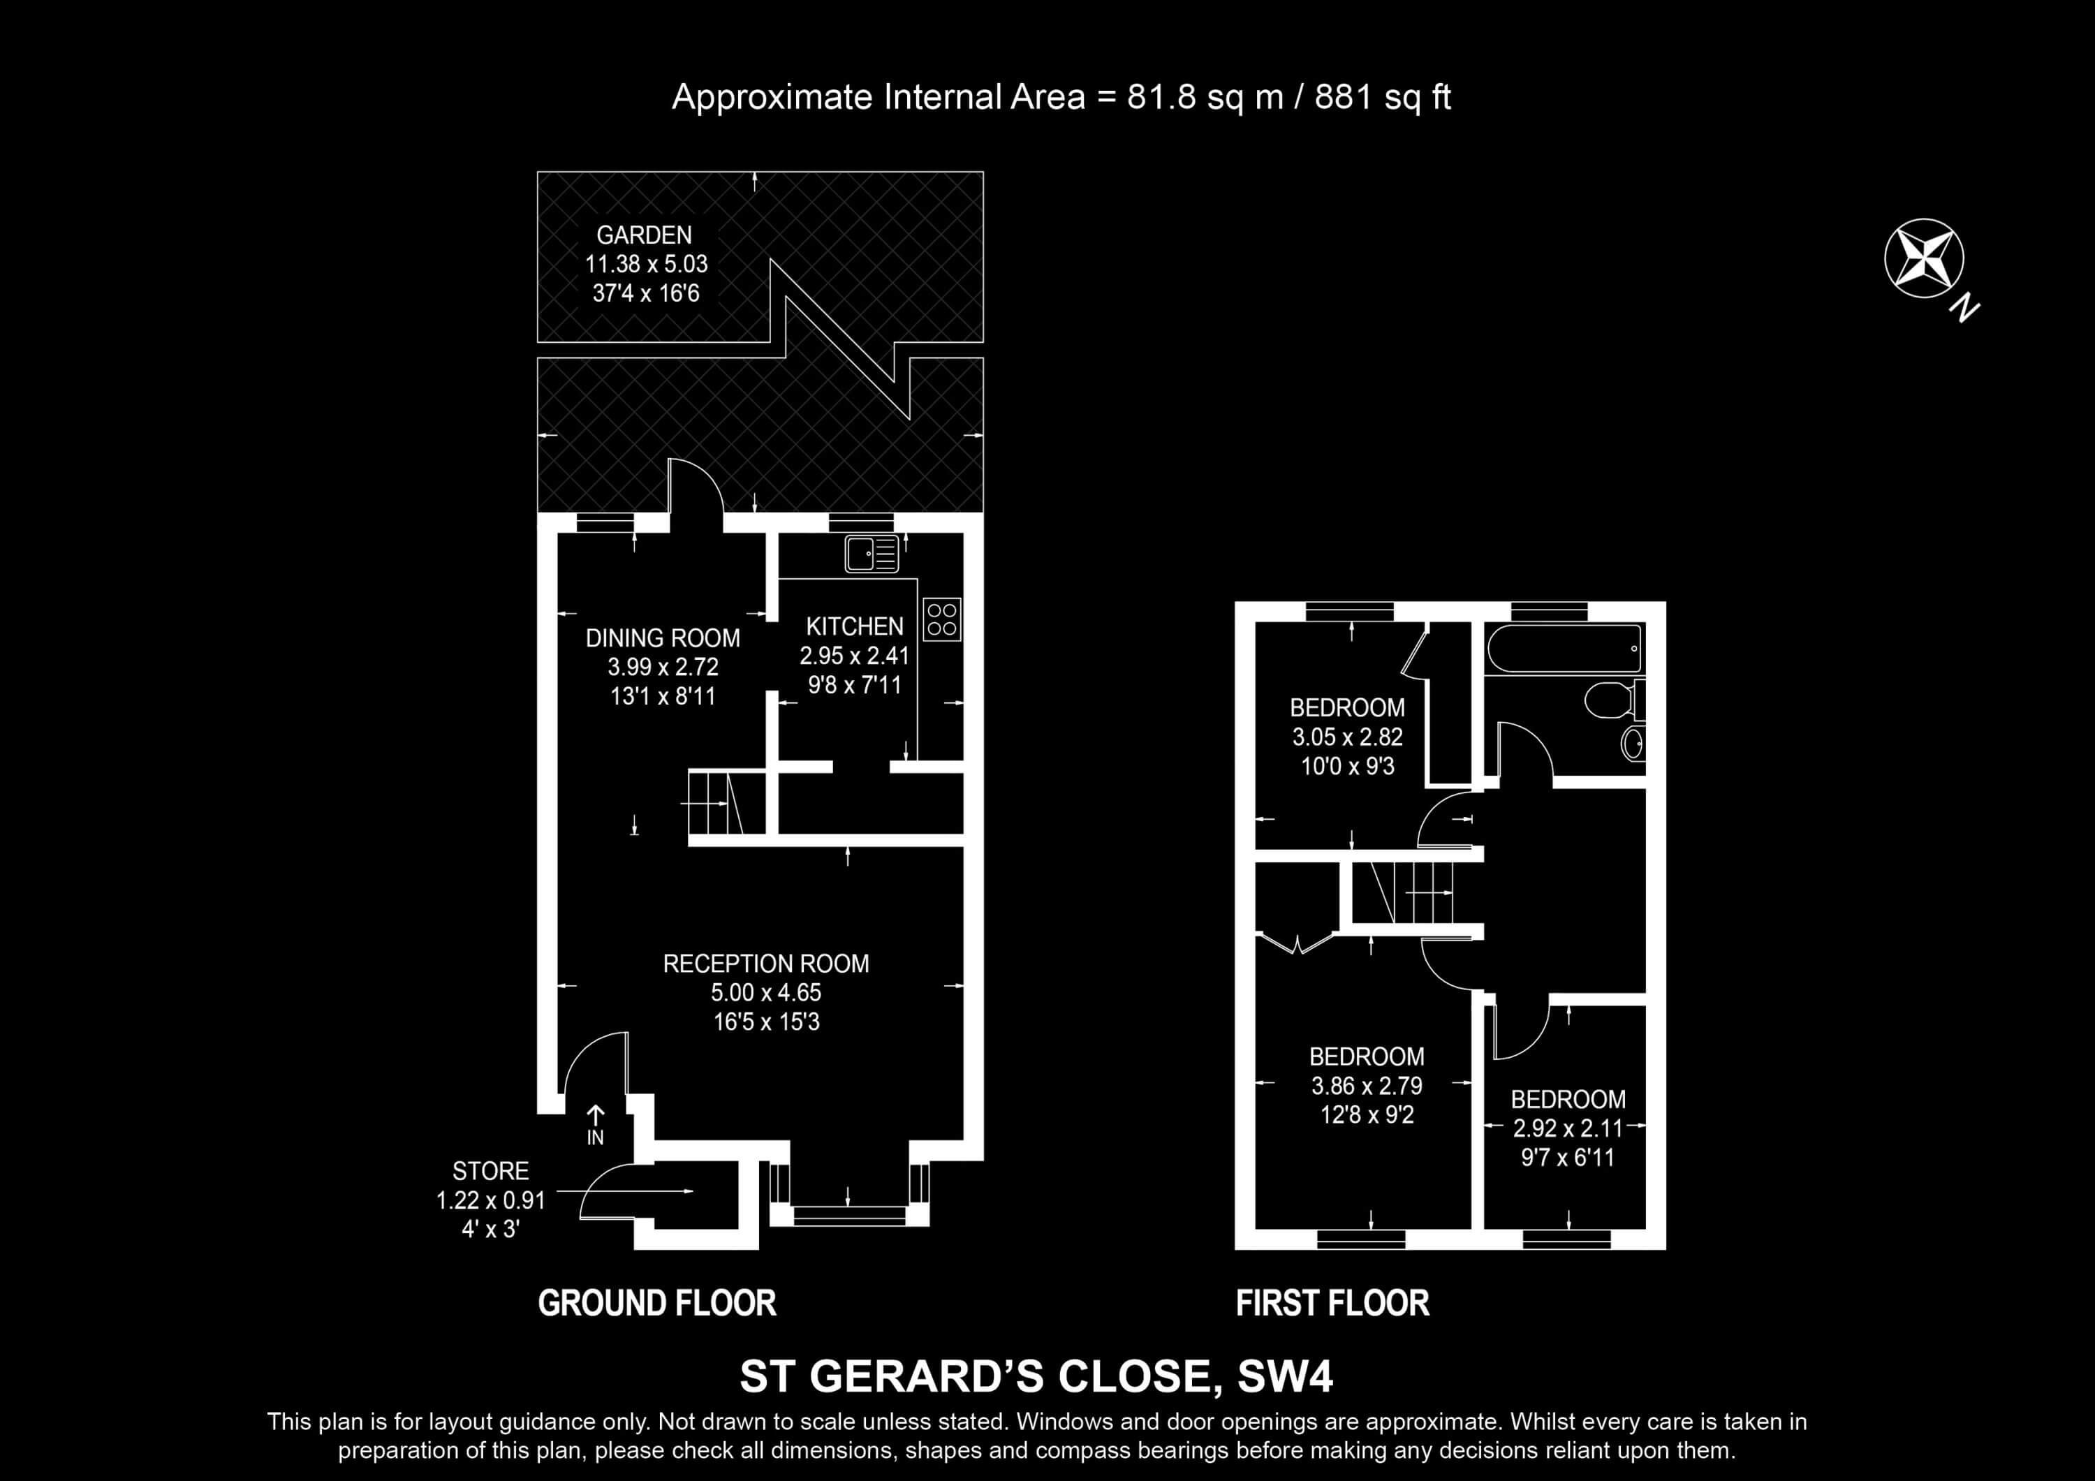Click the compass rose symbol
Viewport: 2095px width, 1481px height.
click(1923, 258)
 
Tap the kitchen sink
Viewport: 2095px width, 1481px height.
click(872, 554)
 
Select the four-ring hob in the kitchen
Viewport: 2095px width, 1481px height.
click(941, 619)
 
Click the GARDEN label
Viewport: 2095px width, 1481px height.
click(644, 235)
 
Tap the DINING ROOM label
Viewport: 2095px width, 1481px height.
click(663, 638)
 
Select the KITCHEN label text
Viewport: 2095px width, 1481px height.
click(855, 626)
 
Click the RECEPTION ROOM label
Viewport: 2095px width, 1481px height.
click(765, 964)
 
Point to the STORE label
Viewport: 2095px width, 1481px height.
click(491, 1171)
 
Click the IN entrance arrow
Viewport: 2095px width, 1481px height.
click(595, 1125)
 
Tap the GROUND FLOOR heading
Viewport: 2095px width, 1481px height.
click(657, 1303)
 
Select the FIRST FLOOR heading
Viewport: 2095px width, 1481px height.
click(1332, 1303)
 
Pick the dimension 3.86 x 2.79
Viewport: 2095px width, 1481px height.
click(1367, 1086)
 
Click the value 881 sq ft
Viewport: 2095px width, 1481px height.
click(1383, 97)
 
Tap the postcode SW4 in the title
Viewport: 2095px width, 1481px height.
click(1285, 1377)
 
